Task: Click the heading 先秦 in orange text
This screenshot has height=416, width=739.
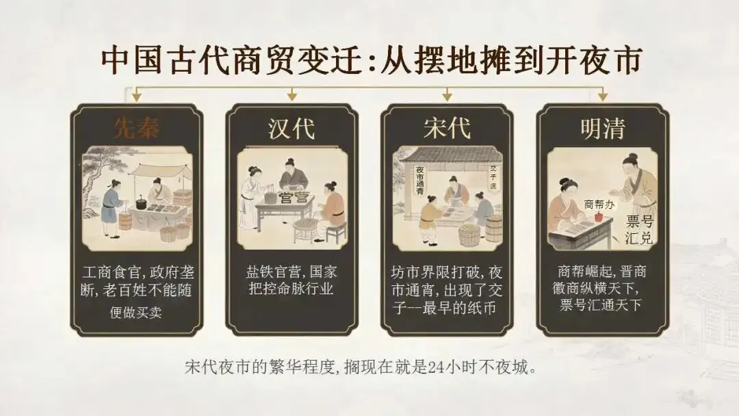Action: coord(136,127)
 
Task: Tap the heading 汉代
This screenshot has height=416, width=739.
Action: coord(291,128)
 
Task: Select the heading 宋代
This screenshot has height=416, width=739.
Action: coord(447,128)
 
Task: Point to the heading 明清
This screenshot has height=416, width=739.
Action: coord(602,128)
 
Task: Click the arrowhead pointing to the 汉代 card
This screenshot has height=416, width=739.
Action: coord(291,96)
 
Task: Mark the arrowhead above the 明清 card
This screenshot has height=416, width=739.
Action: coord(602,96)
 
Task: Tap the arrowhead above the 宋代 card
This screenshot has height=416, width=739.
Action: coord(448,96)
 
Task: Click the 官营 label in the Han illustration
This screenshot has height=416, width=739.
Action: coord(293,198)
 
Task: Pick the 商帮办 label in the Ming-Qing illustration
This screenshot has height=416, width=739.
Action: coord(599,205)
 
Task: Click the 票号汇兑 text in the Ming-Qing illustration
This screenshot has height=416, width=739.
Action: coord(640,230)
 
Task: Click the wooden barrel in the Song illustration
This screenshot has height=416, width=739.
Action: coord(493,229)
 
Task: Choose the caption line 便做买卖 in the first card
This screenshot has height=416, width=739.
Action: coord(135,313)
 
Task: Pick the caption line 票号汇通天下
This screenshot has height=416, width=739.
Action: coord(601,304)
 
